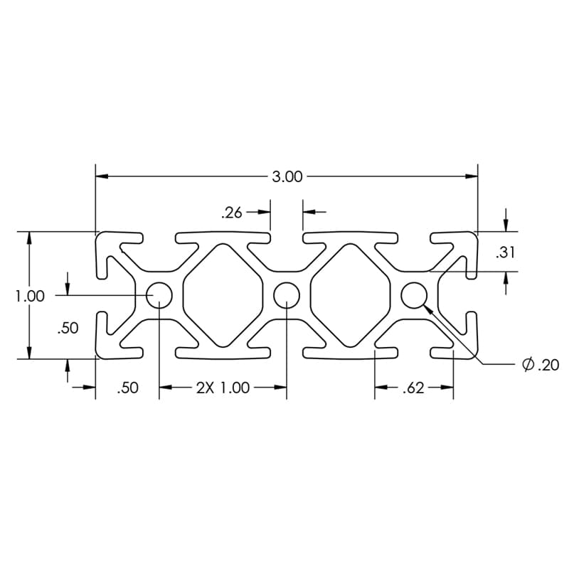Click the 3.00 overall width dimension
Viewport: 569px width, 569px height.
287,176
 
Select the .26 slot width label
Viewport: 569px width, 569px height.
232,213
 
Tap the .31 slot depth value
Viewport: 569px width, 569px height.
505,252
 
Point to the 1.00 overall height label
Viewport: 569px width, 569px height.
30,296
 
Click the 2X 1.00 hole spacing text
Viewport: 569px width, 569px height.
223,388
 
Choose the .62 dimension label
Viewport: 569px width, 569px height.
413,388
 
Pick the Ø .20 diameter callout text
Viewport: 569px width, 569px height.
541,364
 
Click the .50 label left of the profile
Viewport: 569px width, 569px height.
68,328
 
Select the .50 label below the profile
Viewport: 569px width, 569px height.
128,388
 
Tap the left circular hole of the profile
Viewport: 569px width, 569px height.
159,295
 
